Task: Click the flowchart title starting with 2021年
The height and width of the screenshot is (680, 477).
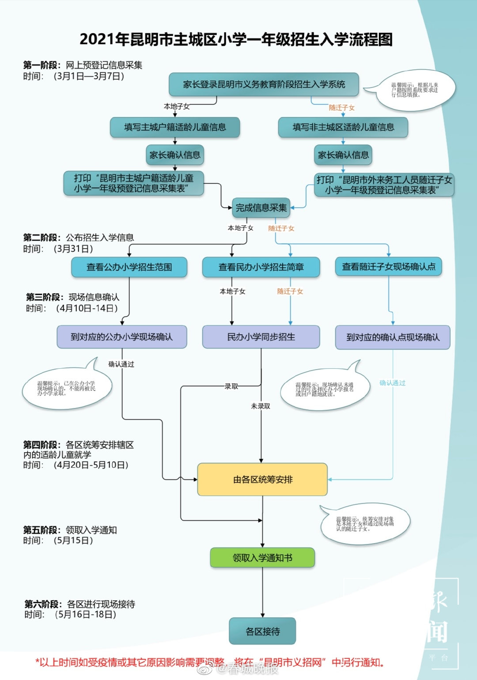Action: (236, 40)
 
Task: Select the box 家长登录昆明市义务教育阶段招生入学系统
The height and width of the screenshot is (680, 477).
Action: (264, 84)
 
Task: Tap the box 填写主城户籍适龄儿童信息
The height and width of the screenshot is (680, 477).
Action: (175, 127)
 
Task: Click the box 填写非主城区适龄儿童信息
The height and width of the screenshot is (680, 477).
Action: (343, 127)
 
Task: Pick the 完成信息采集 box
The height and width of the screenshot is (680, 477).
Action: (261, 208)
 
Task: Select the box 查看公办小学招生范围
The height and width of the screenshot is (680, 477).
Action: (129, 267)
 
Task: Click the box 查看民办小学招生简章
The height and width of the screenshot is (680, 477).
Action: (261, 267)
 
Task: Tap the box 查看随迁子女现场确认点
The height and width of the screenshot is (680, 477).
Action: (389, 267)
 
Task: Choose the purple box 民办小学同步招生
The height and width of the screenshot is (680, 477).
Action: (261, 337)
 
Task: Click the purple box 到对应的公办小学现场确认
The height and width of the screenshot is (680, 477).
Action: (122, 337)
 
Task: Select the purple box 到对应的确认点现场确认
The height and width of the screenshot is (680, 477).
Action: (393, 337)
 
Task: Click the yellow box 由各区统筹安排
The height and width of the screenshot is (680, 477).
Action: (262, 480)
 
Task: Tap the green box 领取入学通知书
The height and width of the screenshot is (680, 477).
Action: (262, 558)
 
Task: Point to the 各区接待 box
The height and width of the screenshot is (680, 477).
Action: (262, 631)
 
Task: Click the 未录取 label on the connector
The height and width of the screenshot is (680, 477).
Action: (261, 406)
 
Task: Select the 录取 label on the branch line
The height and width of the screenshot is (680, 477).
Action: (231, 386)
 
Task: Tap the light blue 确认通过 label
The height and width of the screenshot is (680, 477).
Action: (392, 383)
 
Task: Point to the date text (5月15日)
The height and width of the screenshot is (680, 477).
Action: (73, 540)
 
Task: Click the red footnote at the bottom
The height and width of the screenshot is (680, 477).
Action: (210, 662)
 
